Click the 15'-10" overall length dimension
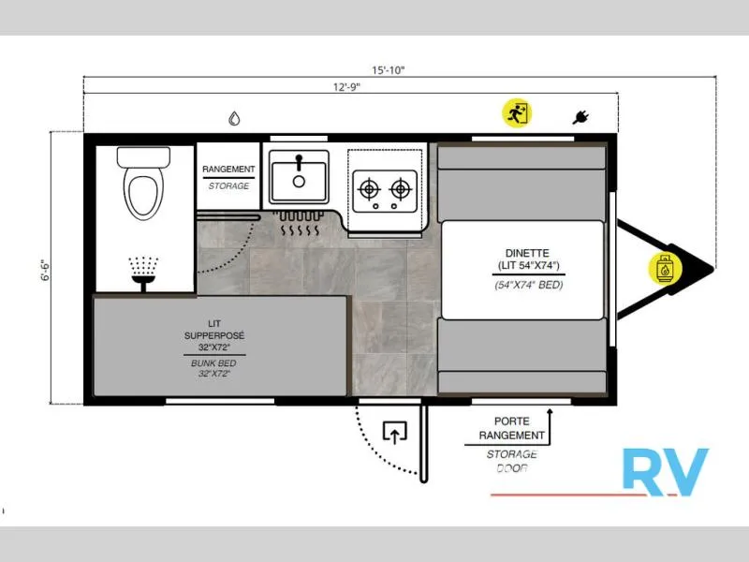click(388, 70)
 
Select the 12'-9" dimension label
click(346, 87)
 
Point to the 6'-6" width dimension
click(45, 271)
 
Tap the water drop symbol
click(234, 118)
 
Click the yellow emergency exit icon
click(517, 113)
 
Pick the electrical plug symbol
click(580, 117)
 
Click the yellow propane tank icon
click(665, 268)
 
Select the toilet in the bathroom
click(143, 183)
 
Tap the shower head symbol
click(143, 274)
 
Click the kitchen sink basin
click(299, 177)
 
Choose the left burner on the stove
click(369, 189)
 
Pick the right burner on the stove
click(401, 189)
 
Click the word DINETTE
click(527, 253)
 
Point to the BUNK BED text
click(213, 363)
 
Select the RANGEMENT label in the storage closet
click(228, 170)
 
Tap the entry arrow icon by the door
click(394, 432)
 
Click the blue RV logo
click(666, 472)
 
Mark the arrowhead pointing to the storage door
click(550, 411)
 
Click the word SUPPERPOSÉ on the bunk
click(214, 335)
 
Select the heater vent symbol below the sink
click(299, 224)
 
